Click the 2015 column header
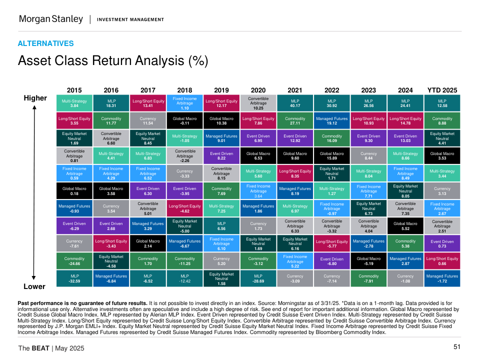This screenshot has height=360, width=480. (x=74, y=90)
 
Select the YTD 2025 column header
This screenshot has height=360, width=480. (x=442, y=90)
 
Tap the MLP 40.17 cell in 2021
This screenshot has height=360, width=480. (x=295, y=103)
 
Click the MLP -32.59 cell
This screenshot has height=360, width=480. (x=74, y=278)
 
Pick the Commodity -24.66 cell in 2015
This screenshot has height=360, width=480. (x=74, y=261)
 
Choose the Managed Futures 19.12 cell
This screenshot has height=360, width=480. (x=331, y=121)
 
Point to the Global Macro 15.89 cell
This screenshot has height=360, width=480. (x=331, y=156)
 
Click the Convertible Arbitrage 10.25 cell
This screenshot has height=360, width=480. (x=258, y=103)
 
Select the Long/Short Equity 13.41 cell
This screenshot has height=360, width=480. (x=148, y=103)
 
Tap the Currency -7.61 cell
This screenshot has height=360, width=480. (x=74, y=243)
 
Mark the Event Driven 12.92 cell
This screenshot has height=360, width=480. (x=295, y=138)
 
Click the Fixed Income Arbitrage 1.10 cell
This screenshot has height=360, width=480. (x=184, y=103)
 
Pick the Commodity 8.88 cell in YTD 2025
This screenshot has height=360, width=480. (x=442, y=121)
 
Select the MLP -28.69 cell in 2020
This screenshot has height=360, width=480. (x=258, y=278)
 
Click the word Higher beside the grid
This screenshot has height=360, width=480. (x=35, y=98)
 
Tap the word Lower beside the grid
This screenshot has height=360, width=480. (x=34, y=286)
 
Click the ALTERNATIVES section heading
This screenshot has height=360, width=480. (x=45, y=43)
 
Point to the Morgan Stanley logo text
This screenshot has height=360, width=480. (x=50, y=19)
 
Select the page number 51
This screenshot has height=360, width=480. (x=456, y=347)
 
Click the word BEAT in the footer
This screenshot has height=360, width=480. (x=40, y=348)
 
